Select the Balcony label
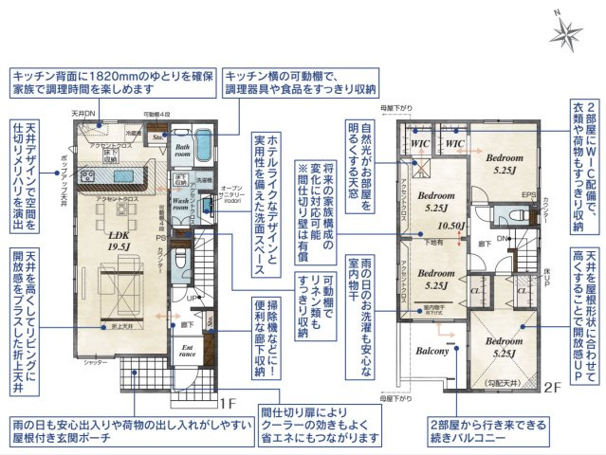(x=432, y=351)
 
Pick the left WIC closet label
(x=422, y=143)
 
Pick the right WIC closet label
(x=453, y=143)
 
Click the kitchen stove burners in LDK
(x=89, y=173)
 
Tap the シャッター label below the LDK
(x=92, y=361)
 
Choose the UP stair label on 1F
(x=190, y=297)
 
